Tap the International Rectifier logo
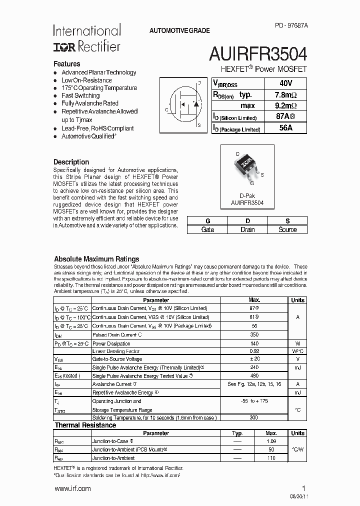tap(86, 38)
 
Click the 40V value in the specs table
tap(286, 83)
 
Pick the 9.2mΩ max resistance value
tap(286, 105)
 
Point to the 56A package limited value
tap(286, 128)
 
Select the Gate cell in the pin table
tap(207, 229)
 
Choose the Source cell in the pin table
tap(287, 229)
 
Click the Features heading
tap(67, 64)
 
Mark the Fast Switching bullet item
tap(80, 95)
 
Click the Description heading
tap(71, 162)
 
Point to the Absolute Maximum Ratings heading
tap(96, 259)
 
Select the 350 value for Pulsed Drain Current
tap(254, 334)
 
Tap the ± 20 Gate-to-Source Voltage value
tap(254, 359)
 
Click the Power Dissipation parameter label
tap(111, 343)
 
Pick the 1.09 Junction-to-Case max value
tap(271, 441)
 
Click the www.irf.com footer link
tap(72, 488)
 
